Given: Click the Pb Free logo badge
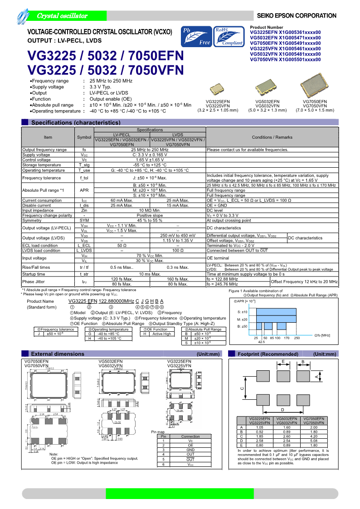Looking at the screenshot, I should click(196, 37).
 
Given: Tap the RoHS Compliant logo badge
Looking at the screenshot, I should click(229, 37).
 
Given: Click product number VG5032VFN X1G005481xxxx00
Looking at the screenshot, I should click(285, 54).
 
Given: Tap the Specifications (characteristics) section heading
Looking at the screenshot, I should click(76, 122).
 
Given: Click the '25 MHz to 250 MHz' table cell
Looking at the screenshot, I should click(150, 150).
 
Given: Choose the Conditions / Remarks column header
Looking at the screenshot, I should click(272, 137).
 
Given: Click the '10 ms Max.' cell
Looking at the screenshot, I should click(150, 274).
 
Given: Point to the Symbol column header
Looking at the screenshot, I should click(84, 137).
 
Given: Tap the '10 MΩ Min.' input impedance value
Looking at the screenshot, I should click(150, 210).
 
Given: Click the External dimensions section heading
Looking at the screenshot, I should click(57, 366).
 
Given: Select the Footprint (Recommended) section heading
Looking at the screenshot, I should click(268, 366).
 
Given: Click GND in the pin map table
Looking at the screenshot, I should click(190, 450).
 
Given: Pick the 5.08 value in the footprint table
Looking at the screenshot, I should click(314, 440).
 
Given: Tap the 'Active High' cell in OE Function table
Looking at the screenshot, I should click(161, 334).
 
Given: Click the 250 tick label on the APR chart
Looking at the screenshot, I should click(297, 338).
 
